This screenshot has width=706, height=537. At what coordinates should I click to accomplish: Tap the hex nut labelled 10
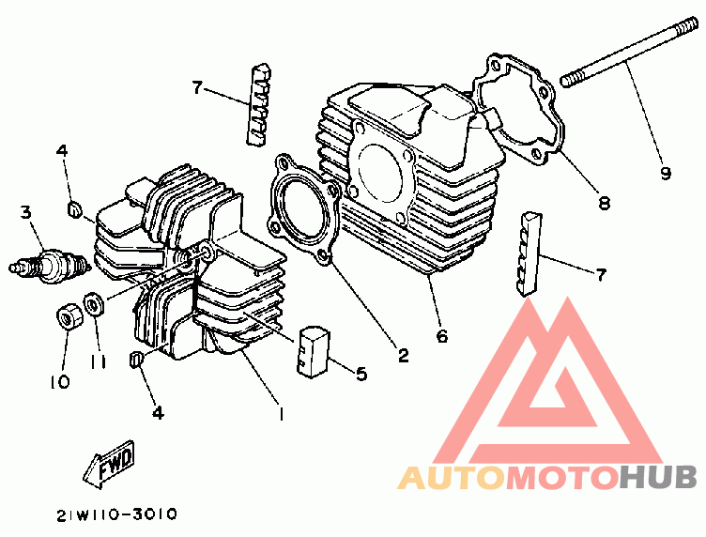(69, 317)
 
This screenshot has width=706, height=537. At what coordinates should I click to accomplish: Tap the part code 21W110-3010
(117, 514)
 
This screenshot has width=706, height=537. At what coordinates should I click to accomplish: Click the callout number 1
(281, 414)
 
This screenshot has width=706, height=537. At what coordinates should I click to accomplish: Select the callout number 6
(442, 336)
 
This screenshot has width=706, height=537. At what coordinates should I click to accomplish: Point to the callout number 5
(361, 374)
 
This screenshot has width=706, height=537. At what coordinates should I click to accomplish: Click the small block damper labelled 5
(313, 350)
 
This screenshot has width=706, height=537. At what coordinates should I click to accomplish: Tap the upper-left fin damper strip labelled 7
(258, 104)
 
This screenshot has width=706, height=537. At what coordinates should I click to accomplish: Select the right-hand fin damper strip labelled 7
(529, 254)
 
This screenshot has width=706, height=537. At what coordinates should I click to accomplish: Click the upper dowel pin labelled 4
(74, 209)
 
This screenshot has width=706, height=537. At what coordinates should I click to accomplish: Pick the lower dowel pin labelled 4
(136, 360)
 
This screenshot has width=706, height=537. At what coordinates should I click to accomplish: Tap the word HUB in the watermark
(658, 478)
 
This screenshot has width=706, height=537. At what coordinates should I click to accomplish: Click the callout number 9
(666, 173)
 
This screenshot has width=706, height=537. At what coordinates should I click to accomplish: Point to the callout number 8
(604, 203)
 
